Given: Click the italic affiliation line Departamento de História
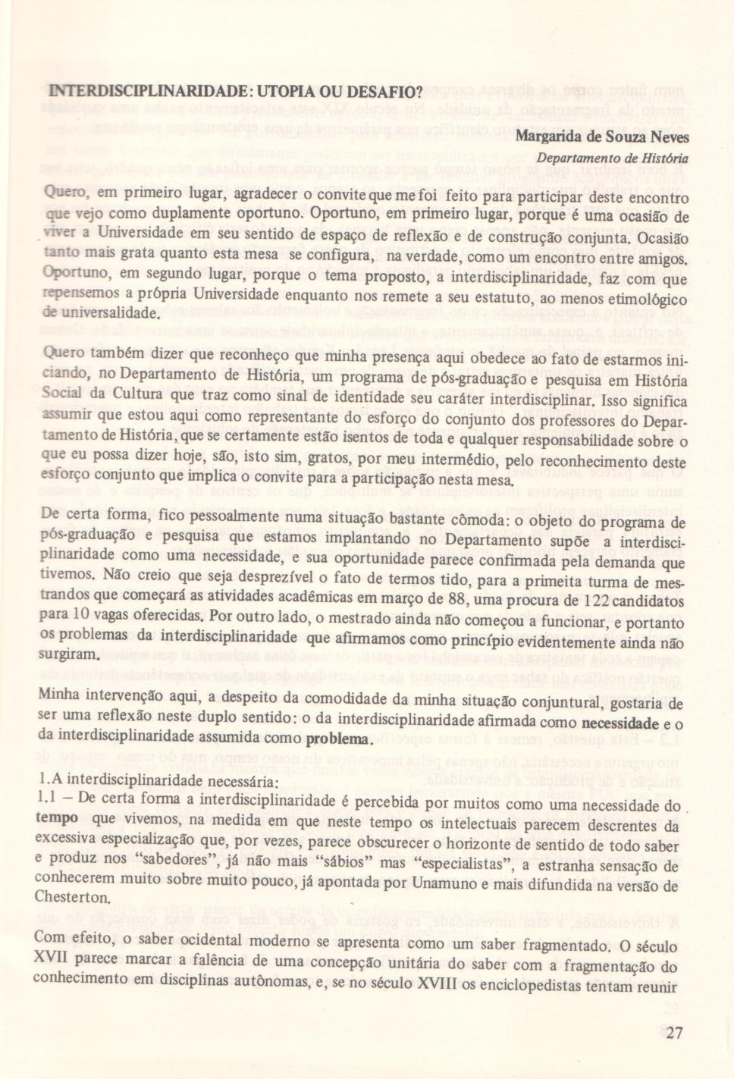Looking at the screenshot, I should pyautogui.click(x=612, y=158).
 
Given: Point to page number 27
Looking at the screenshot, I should pyautogui.click(x=674, y=1032).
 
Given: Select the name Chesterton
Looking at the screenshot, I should pyautogui.click(x=72, y=897).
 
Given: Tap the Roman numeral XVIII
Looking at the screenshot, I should pyautogui.click(x=438, y=985).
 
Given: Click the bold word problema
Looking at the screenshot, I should pyautogui.click(x=338, y=739).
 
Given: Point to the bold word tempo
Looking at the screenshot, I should pyautogui.click(x=57, y=819).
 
